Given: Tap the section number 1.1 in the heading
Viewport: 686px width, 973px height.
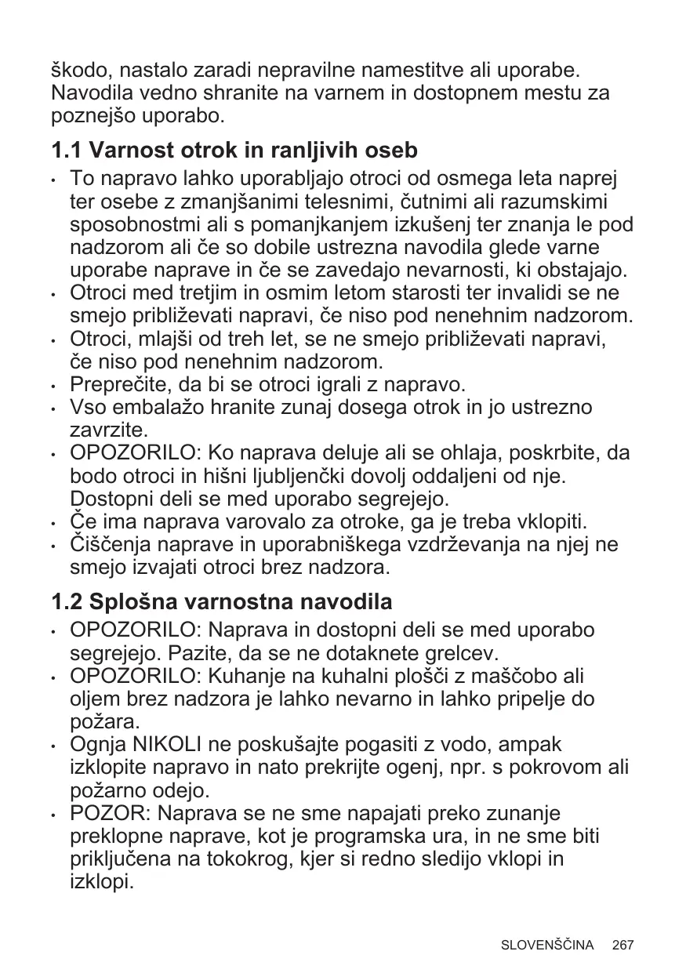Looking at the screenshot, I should (x=66, y=149).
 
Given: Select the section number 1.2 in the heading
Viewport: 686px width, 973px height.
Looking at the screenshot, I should (x=66, y=603).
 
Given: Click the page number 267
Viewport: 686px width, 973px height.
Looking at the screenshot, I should (x=623, y=945).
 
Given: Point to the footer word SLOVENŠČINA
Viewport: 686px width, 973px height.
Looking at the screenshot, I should (x=547, y=945).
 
